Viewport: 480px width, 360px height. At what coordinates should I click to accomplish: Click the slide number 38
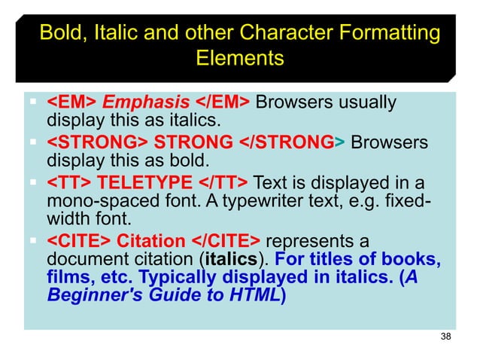click(445, 336)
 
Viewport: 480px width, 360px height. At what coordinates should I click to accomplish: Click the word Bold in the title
click(59, 33)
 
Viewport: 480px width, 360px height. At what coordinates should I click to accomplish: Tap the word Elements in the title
click(239, 58)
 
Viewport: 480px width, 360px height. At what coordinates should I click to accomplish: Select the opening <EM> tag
click(71, 102)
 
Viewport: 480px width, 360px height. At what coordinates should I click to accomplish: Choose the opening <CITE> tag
click(80, 241)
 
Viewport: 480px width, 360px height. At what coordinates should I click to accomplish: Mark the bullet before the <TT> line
click(35, 182)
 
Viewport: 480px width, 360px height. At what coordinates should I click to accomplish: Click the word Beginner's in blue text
click(93, 295)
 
